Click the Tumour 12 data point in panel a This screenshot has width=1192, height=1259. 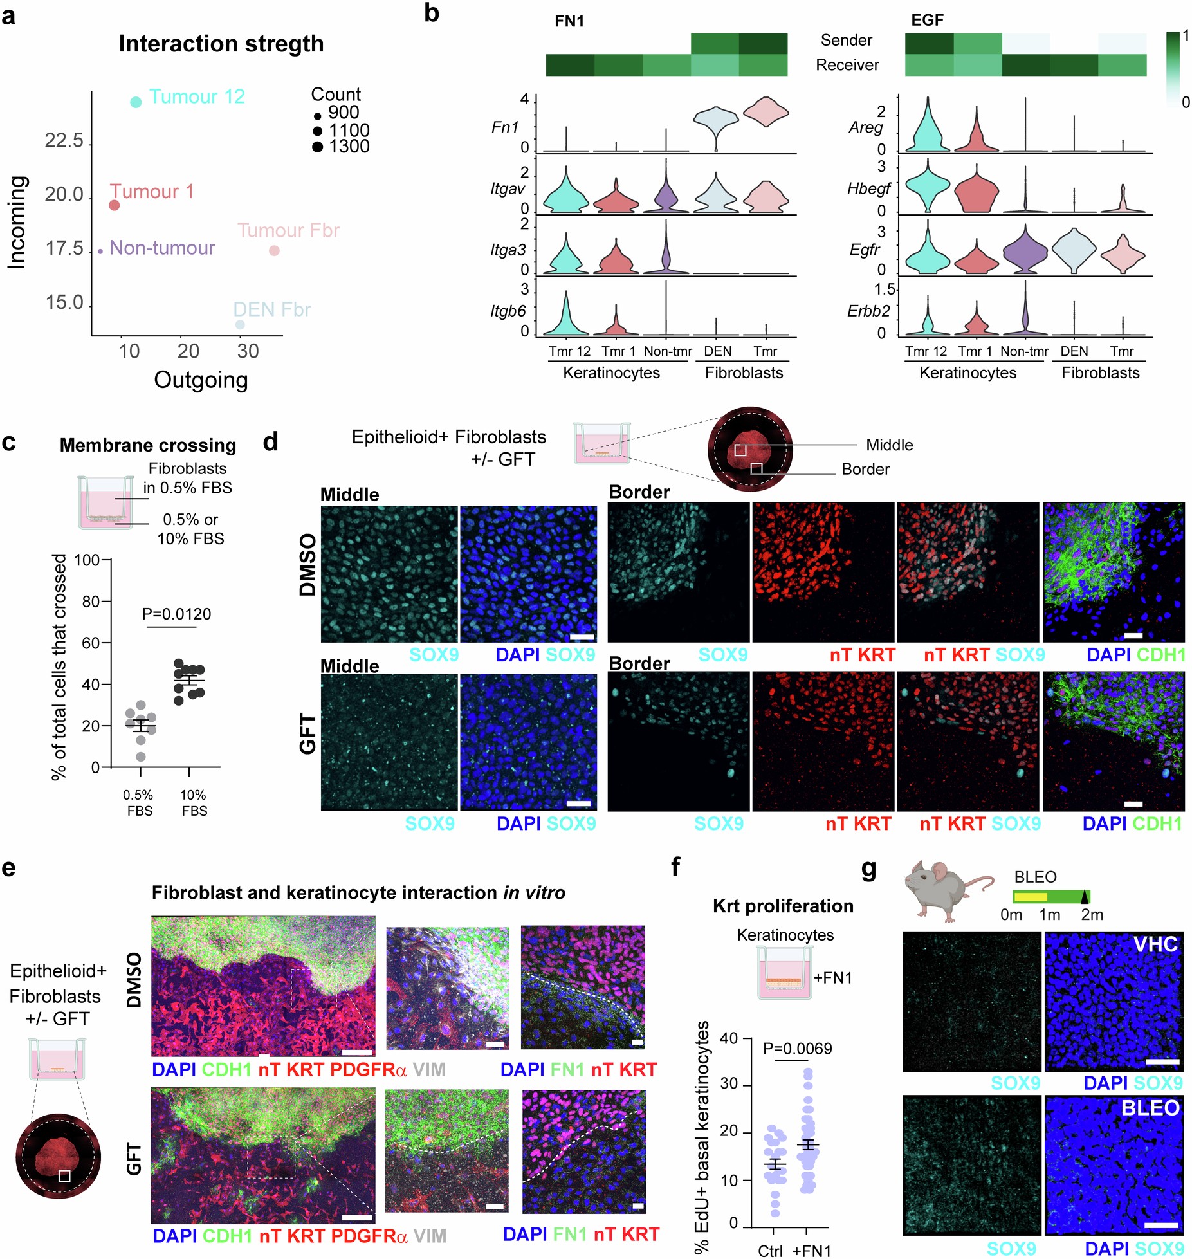136,102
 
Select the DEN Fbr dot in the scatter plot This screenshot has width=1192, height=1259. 240,324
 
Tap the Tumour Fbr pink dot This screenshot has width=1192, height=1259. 274,250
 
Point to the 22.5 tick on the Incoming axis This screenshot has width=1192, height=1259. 64,142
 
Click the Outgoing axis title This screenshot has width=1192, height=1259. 201,380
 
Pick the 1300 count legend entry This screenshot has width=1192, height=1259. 341,147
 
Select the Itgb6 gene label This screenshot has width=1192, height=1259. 508,311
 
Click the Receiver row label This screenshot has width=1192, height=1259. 847,65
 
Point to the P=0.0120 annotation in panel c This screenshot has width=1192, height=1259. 176,614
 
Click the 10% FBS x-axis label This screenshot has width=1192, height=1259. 194,803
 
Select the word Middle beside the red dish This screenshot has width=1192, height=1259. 889,445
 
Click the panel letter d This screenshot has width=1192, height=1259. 271,442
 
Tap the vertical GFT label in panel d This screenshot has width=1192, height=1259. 308,733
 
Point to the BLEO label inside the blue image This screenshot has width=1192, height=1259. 1150,1108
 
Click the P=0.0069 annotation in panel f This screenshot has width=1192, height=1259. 797,1049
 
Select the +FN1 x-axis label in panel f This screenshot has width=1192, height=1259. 811,1251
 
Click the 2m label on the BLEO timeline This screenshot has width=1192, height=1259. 1092,915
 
